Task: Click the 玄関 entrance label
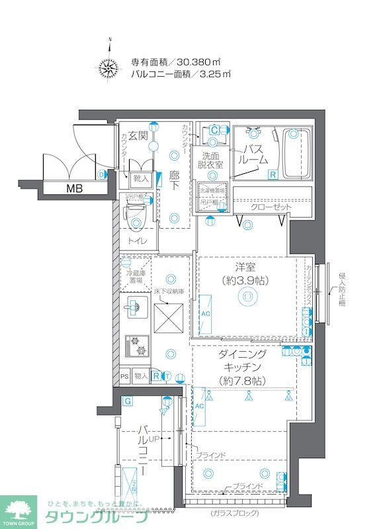(x=138, y=136)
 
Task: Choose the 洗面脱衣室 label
(x=211, y=161)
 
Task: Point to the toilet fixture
(x=136, y=219)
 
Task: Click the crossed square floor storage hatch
(x=169, y=317)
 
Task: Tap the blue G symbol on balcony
(x=126, y=401)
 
